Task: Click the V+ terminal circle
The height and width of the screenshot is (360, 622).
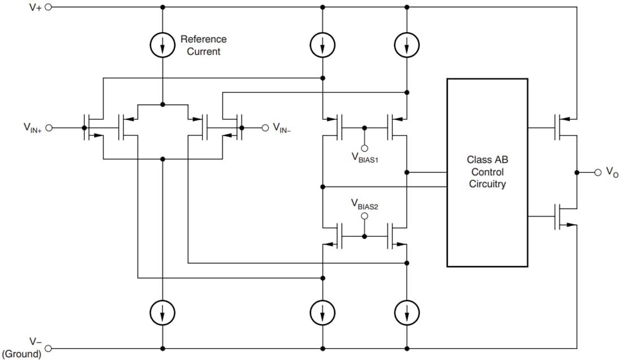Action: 48,7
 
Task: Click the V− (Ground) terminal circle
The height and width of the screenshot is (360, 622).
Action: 48,348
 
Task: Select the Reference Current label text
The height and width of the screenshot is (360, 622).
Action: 203,45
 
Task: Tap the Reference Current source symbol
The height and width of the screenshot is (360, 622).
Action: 163,45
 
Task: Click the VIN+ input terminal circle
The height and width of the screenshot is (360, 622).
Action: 48,128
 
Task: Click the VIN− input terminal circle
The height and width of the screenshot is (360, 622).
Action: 264,128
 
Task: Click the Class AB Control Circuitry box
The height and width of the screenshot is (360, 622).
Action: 487,172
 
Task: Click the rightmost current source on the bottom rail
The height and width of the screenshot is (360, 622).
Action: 407,311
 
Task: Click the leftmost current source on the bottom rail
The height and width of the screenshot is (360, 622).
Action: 163,311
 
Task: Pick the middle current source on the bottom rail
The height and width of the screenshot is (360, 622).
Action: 323,311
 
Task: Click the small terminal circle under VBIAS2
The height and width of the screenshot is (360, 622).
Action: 365,216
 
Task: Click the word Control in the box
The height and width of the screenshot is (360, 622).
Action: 487,172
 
